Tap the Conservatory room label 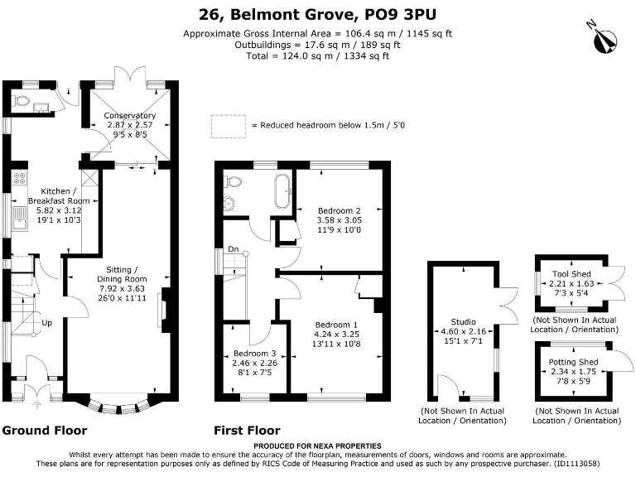pyautogui.click(x=129, y=116)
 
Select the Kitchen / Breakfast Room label pyautogui.click(x=59, y=196)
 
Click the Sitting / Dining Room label pyautogui.click(x=122, y=274)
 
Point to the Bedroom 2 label pyautogui.click(x=339, y=210)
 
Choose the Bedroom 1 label pyautogui.click(x=336, y=325)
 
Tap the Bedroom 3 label pyautogui.click(x=254, y=354)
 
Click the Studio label pyautogui.click(x=463, y=321)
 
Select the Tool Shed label pyautogui.click(x=571, y=274)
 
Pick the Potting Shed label pyautogui.click(x=573, y=362)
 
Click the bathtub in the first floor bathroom pyautogui.click(x=282, y=190)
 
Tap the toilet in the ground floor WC pyautogui.click(x=20, y=100)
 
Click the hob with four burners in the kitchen pyautogui.click(x=19, y=179)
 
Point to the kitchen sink pyautogui.click(x=19, y=219)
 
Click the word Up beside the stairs pyautogui.click(x=46, y=323)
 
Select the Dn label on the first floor pyautogui.click(x=234, y=249)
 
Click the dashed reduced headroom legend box pyautogui.click(x=229, y=127)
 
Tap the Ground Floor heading pyautogui.click(x=45, y=431)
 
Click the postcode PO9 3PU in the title pyautogui.click(x=400, y=15)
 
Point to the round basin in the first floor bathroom pyautogui.click(x=229, y=203)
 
